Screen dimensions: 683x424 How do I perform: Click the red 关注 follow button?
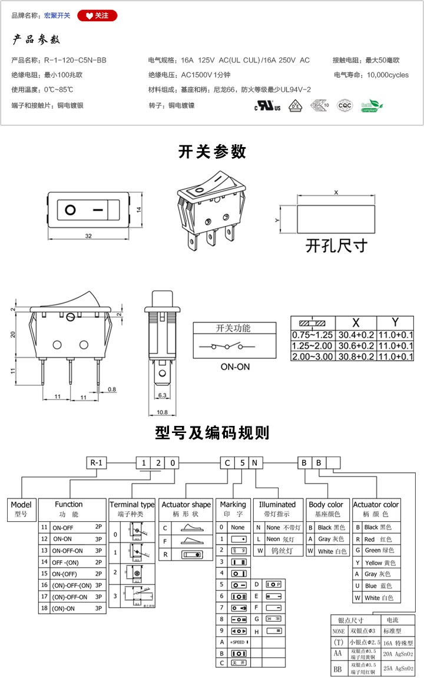[97, 15]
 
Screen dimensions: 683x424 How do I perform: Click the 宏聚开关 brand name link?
[57, 15]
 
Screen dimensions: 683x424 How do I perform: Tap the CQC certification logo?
[344, 106]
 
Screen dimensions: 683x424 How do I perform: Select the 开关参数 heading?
[212, 152]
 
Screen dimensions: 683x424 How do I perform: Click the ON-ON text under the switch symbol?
[235, 366]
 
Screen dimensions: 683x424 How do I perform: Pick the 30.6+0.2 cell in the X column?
[355, 346]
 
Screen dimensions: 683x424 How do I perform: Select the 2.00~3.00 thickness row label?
[312, 357]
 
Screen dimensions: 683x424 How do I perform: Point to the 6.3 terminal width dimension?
[163, 395]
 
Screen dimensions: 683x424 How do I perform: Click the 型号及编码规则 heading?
[212, 434]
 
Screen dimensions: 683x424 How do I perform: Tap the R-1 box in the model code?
[97, 462]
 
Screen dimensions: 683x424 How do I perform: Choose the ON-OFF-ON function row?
[68, 551]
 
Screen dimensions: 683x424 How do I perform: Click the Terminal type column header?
[132, 505]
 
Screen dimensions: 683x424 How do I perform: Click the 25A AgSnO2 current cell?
[399, 669]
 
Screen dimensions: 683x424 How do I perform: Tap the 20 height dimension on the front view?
[13, 334]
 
